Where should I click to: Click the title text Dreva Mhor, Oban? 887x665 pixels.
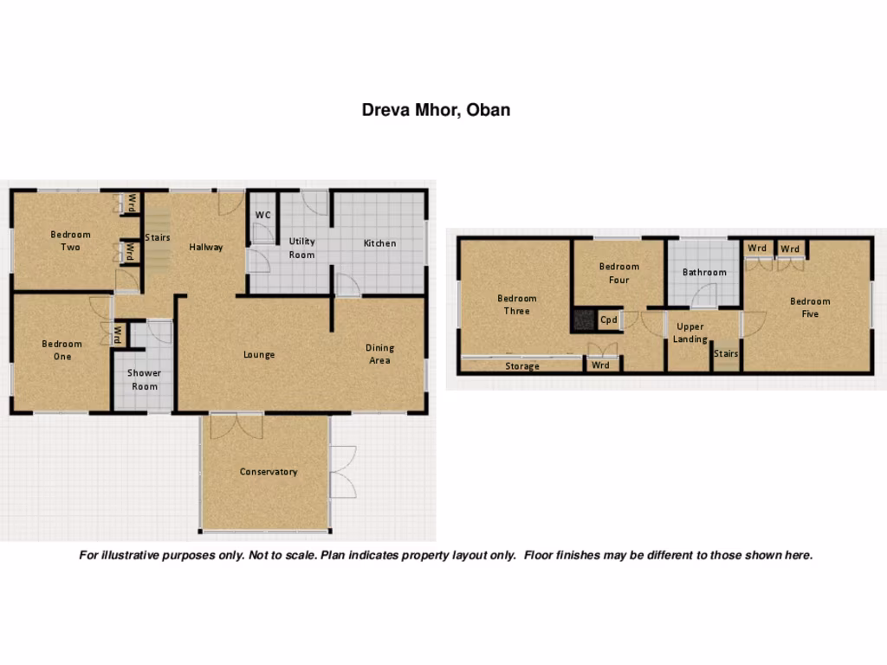[436, 110]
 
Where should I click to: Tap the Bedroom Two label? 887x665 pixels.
[70, 241]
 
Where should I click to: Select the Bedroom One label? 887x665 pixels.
[62, 350]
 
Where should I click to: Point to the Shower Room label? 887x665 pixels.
[145, 379]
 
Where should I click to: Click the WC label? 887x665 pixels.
[263, 216]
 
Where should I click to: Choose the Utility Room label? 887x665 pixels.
[302, 248]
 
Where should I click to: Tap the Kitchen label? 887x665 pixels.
[379, 243]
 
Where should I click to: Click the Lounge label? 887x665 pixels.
[259, 354]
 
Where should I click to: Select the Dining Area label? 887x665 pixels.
[379, 354]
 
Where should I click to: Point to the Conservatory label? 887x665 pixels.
[269, 472]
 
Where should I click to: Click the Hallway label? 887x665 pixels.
[206, 247]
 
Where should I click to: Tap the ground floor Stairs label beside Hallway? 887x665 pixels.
[158, 237]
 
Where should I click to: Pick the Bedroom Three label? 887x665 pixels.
[516, 305]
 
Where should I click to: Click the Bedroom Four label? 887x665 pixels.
[619, 273]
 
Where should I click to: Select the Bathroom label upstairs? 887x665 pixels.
[704, 272]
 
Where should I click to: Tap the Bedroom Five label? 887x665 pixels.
[810, 307]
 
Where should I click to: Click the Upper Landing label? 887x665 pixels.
[690, 332]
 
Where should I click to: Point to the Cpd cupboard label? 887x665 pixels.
[609, 320]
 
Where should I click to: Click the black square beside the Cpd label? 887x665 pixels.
[583, 320]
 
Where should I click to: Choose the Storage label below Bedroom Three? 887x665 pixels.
[522, 366]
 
